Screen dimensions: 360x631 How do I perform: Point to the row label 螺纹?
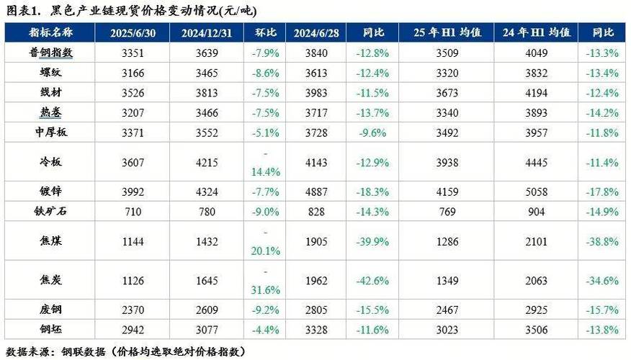coord(51,73)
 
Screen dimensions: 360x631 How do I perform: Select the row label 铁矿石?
coord(51,211)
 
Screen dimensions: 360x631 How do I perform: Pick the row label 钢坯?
coord(51,330)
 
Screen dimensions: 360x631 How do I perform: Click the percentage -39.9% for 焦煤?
coord(372,241)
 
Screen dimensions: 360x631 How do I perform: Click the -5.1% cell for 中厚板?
coord(267,132)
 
